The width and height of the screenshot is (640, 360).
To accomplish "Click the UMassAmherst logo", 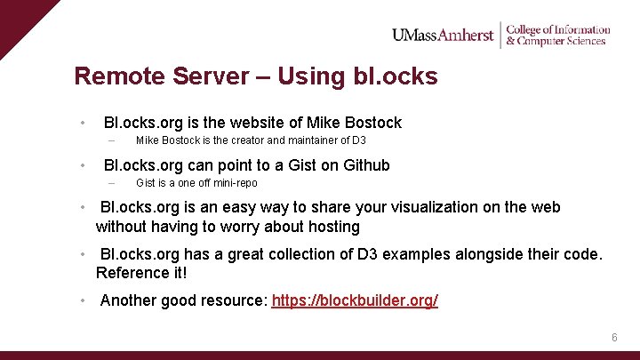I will point(443,35).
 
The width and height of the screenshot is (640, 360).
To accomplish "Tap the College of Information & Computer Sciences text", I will point(557,35).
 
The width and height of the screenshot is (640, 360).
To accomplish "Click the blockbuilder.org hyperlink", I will point(355,300).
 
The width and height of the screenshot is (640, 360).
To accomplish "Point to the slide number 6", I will point(613,338).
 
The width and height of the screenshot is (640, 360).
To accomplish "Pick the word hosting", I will point(333,227).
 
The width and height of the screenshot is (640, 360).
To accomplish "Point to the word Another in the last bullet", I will point(129,300).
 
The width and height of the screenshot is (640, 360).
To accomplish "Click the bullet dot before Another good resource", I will point(82,300).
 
